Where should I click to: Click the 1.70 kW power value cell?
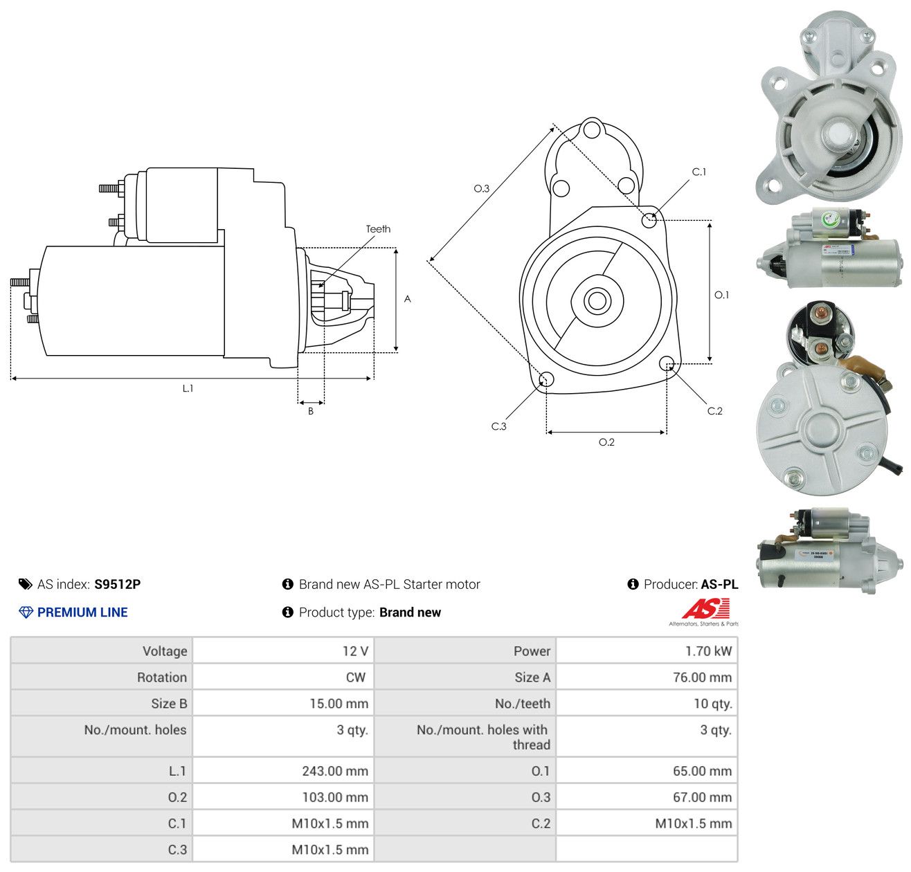coord(708,651)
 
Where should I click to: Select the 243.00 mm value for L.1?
coord(335,770)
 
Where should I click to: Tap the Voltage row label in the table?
coord(165,651)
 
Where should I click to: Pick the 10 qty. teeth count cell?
coord(712,703)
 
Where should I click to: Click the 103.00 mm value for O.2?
coord(335,797)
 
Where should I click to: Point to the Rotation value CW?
coord(355,677)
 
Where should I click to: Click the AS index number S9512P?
coord(117,584)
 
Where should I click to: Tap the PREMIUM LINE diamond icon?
coord(26,612)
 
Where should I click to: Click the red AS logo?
coord(705,608)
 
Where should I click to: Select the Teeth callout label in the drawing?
coord(378,229)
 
